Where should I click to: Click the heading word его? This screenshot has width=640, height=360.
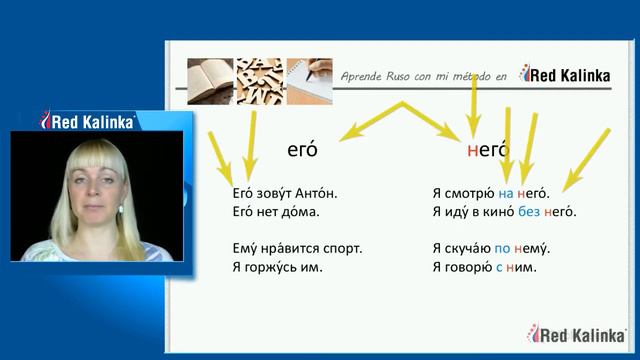point(301,151)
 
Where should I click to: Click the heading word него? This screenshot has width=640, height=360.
point(490,151)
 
